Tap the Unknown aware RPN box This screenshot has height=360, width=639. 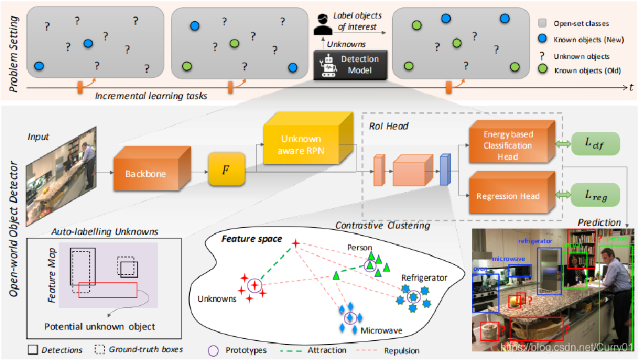tap(300, 146)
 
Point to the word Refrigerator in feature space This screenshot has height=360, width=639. tap(424, 277)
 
